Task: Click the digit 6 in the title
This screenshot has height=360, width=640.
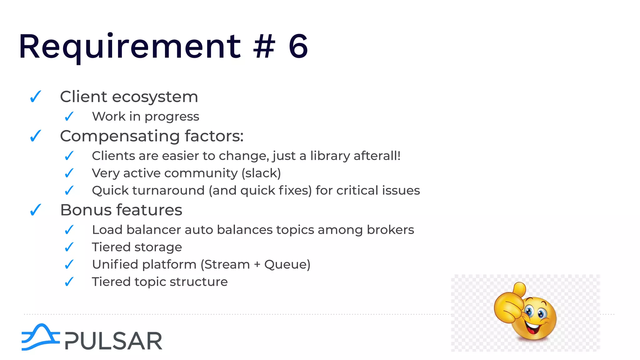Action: tap(298, 47)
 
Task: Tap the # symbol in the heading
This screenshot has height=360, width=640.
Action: tap(264, 47)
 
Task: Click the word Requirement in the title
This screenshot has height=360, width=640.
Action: tap(130, 47)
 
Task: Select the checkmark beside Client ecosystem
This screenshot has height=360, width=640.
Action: tap(36, 97)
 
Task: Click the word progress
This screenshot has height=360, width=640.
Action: tap(172, 117)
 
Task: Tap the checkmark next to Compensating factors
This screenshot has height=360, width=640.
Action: tap(36, 136)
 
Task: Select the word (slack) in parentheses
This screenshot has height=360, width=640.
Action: tap(261, 173)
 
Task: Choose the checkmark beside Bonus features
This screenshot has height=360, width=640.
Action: tap(36, 210)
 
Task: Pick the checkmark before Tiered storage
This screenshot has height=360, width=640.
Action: tap(69, 247)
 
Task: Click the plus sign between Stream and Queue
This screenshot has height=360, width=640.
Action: tap(257, 265)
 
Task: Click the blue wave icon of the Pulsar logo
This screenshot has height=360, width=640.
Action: tap(40, 337)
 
